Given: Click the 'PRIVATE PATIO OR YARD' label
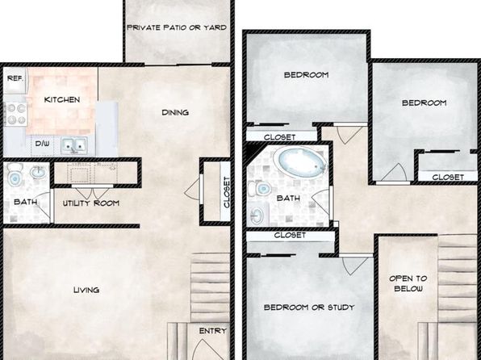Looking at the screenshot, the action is pyautogui.click(x=177, y=27).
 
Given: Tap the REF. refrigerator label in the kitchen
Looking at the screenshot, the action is pyautogui.click(x=15, y=78).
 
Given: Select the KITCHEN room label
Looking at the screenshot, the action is pyautogui.click(x=62, y=99).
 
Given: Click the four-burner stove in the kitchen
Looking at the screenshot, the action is pyautogui.click(x=16, y=114).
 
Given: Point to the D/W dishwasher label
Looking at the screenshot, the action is pyautogui.click(x=42, y=144).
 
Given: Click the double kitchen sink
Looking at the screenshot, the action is pyautogui.click(x=74, y=145).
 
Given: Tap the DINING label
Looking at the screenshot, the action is pyautogui.click(x=175, y=113).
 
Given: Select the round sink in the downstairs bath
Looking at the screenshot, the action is pyautogui.click(x=38, y=172).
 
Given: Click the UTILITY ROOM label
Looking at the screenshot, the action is pyautogui.click(x=91, y=203).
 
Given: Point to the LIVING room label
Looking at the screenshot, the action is pyautogui.click(x=86, y=290).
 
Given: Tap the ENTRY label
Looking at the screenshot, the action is pyautogui.click(x=212, y=331).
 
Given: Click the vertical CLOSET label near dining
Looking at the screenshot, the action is pyautogui.click(x=227, y=192).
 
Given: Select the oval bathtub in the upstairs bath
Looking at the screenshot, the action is pyautogui.click(x=302, y=163).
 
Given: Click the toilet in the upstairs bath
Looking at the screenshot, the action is pyautogui.click(x=260, y=189).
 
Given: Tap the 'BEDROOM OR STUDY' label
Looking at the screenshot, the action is pyautogui.click(x=309, y=308).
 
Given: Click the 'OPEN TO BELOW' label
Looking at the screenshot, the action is pyautogui.click(x=408, y=283).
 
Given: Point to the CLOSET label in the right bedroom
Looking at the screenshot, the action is pyautogui.click(x=448, y=177).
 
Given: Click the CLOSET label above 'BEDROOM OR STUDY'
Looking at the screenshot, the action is pyautogui.click(x=290, y=235).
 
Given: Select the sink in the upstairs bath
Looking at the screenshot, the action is pyautogui.click(x=257, y=215).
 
